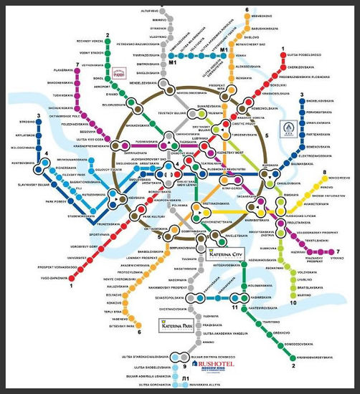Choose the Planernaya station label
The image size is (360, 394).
point(65,70)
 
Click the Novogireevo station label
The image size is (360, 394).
point(338,178)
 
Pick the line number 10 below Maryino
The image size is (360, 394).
point(293,303)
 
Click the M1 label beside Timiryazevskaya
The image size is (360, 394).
point(173,62)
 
